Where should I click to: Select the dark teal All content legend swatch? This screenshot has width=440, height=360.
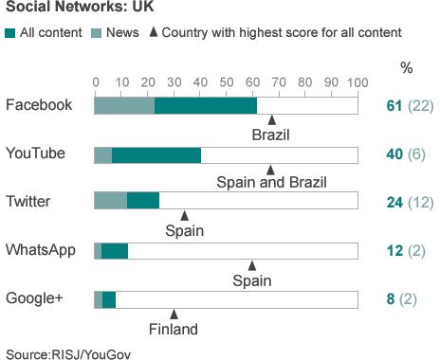[10, 32]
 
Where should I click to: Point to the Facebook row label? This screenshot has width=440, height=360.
[39, 104]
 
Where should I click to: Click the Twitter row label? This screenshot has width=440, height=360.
[29, 201]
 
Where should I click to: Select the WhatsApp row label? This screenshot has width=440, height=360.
[41, 250]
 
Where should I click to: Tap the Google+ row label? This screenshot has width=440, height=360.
[34, 298]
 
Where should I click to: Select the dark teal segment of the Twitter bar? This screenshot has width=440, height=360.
[143, 201]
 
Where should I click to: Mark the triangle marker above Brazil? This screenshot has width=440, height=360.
[271, 120]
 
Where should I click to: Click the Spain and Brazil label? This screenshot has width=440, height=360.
[271, 183]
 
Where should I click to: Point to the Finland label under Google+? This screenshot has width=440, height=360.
[174, 330]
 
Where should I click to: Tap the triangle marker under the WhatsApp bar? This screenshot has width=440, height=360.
[252, 265]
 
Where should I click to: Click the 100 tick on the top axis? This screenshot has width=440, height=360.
[357, 83]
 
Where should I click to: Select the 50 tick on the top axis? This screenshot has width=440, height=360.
[226, 83]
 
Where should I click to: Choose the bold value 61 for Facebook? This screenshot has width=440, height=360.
[394, 104]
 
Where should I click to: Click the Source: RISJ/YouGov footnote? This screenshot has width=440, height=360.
[66, 353]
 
